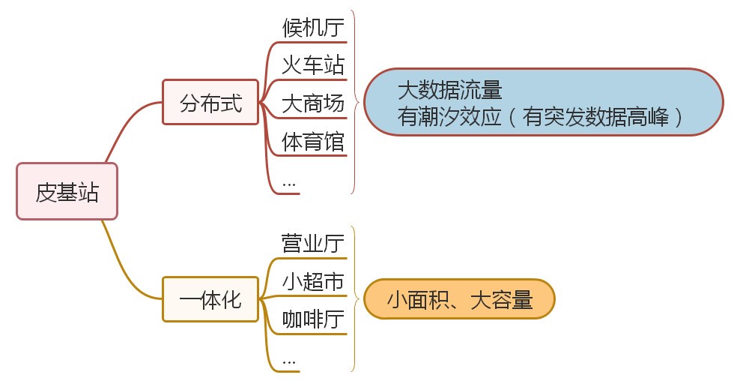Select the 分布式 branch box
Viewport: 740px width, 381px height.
click(x=210, y=103)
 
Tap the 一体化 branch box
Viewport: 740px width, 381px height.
click(x=210, y=300)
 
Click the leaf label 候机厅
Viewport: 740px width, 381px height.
click(x=313, y=28)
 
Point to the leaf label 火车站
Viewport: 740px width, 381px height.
click(x=313, y=64)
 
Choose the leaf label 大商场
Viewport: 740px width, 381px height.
click(x=313, y=103)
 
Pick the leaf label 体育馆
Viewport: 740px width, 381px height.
click(x=313, y=140)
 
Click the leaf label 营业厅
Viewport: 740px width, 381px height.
click(x=313, y=244)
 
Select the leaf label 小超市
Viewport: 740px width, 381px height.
click(x=313, y=281)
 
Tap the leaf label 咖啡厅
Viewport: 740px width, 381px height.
click(x=313, y=319)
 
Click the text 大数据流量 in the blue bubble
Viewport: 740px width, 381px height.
click(x=449, y=91)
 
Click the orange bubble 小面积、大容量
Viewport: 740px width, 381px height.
click(x=459, y=300)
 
